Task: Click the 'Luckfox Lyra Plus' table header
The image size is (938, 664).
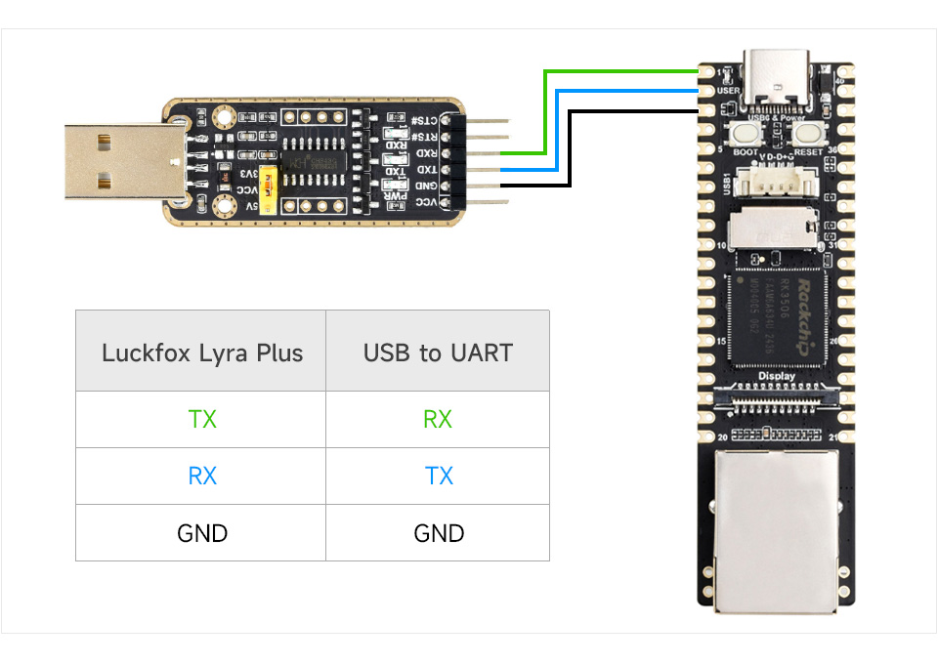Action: pyautogui.click(x=201, y=353)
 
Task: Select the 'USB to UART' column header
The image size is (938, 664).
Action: pyautogui.click(x=438, y=353)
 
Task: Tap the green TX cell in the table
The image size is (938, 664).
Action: pyautogui.click(x=202, y=420)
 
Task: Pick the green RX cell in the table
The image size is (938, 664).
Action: pyautogui.click(x=438, y=420)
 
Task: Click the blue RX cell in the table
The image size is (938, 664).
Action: pyautogui.click(x=202, y=477)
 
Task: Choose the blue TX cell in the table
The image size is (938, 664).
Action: pyautogui.click(x=439, y=477)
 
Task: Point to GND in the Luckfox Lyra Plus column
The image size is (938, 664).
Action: pyautogui.click(x=202, y=533)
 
